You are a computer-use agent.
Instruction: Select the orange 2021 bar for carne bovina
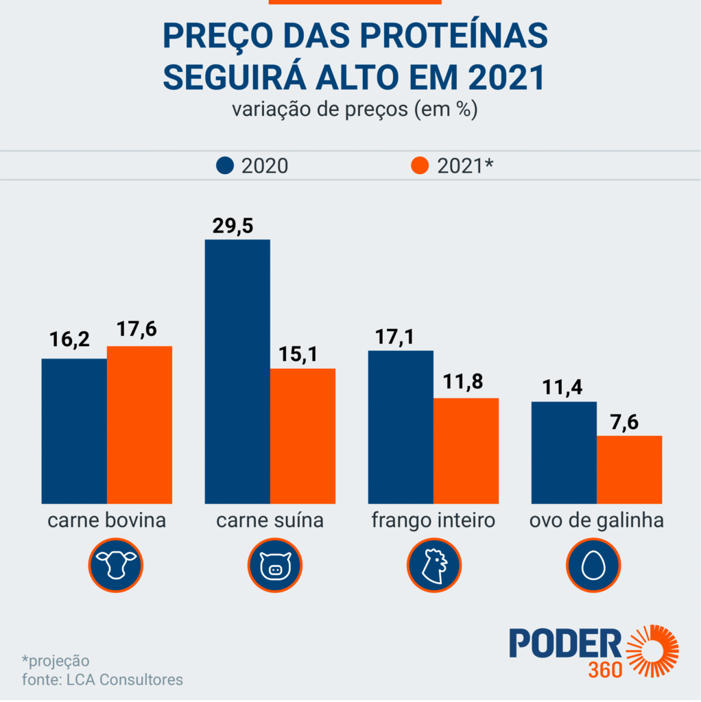tap(139, 425)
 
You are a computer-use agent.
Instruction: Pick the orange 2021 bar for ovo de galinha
tap(629, 470)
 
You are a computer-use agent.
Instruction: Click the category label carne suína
tap(270, 521)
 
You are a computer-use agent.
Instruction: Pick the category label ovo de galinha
tap(596, 521)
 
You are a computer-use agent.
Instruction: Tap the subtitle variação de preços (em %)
tap(353, 110)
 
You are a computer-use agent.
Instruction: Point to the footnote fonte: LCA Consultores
tap(102, 680)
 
